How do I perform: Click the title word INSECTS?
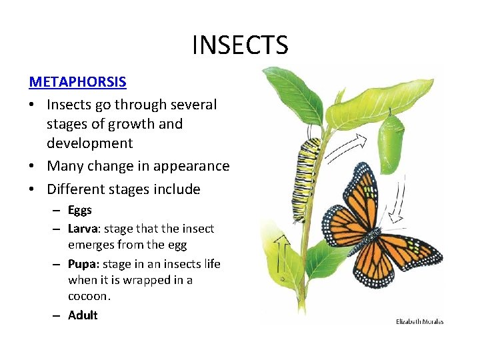pos(240,45)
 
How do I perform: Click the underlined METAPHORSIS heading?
pos(77,82)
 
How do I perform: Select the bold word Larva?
pos(83,229)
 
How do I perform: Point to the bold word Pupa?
pos(82,264)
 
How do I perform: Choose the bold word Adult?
pos(83,315)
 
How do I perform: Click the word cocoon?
pos(89,296)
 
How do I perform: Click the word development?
pos(90,143)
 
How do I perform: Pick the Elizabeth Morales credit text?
pos(419,321)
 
